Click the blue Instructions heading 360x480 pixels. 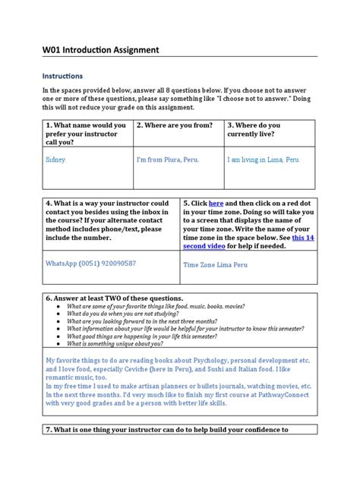pos(62,76)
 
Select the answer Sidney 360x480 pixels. pos(55,160)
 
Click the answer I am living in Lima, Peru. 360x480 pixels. pos(263,160)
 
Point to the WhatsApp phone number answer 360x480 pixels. pos(91,263)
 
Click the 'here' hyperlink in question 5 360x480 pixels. pos(216,204)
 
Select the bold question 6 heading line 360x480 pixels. pos(113,298)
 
